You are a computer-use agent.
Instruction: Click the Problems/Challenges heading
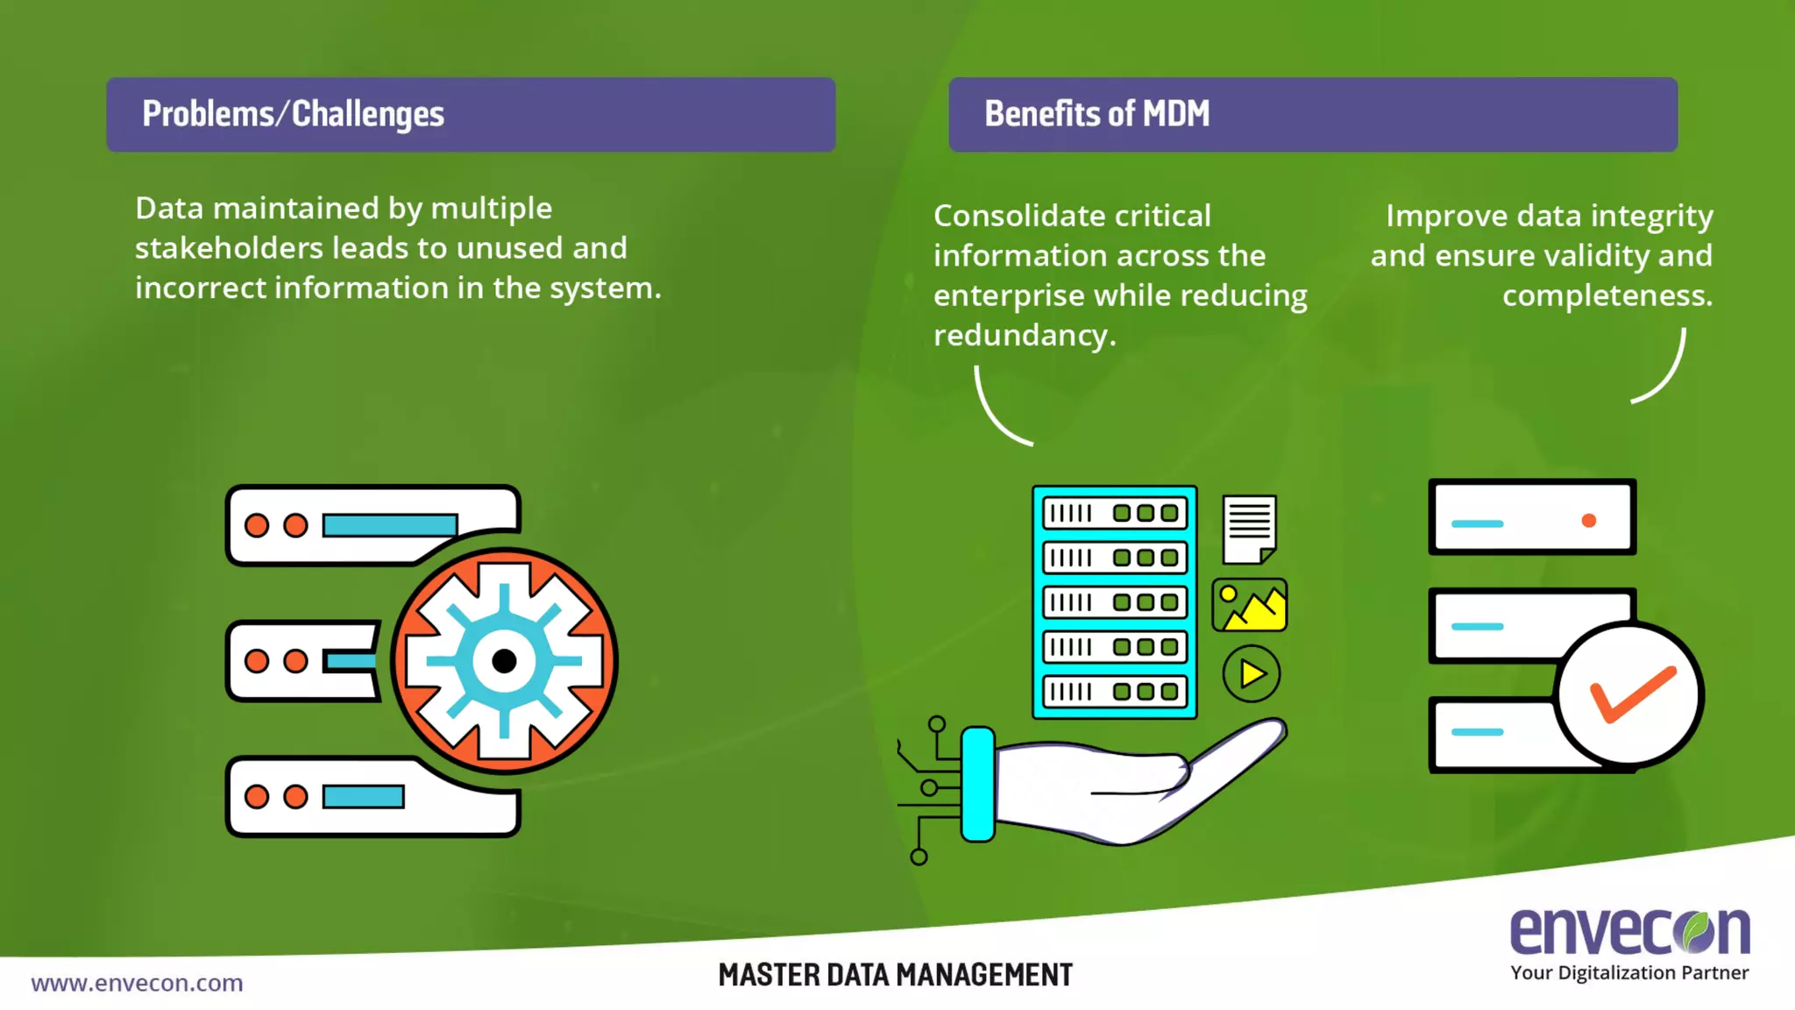pyautogui.click(x=293, y=114)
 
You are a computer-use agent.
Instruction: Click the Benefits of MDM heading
pyautogui.click(x=1096, y=114)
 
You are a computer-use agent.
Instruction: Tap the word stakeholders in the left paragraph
pyautogui.click(x=229, y=248)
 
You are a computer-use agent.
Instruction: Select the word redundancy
pyautogui.click(x=1024, y=335)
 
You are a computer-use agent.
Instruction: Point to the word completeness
pyautogui.click(x=1607, y=295)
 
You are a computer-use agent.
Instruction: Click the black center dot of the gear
pyautogui.click(x=504, y=661)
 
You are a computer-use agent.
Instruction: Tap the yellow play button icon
pyautogui.click(x=1252, y=674)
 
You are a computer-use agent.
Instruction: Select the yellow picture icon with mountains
pyautogui.click(x=1250, y=605)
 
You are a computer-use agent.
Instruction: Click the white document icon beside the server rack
pyautogui.click(x=1249, y=529)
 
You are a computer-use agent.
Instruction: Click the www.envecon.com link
pyautogui.click(x=137, y=983)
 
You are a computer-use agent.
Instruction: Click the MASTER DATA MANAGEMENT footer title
pyautogui.click(x=895, y=975)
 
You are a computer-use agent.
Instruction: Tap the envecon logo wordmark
pyautogui.click(x=1629, y=930)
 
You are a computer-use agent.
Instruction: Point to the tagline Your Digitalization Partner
pyautogui.click(x=1629, y=973)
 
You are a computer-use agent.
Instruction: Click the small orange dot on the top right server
pyautogui.click(x=1588, y=521)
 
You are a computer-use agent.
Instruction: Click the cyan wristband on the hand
pyautogui.click(x=977, y=784)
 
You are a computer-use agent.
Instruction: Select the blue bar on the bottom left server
pyautogui.click(x=363, y=797)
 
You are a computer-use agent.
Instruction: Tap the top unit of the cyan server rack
pyautogui.click(x=1114, y=513)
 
